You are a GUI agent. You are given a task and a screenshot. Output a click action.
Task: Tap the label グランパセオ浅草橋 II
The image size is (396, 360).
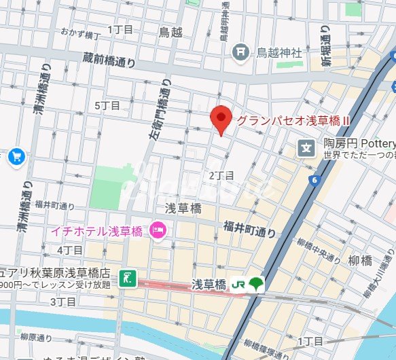pyautogui.click(x=293, y=120)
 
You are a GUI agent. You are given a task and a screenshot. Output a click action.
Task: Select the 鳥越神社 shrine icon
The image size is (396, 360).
pyautogui.click(x=240, y=52)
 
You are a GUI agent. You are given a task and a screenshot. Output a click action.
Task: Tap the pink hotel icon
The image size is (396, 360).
pyautogui.click(x=158, y=231)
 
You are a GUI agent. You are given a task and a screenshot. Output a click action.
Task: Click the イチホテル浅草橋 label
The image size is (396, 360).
pyautogui.click(x=96, y=231)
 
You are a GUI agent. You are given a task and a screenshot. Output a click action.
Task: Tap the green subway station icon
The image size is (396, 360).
pyautogui.click(x=127, y=277)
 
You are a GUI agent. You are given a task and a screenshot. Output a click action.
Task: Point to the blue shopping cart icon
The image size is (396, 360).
pyautogui.click(x=17, y=157)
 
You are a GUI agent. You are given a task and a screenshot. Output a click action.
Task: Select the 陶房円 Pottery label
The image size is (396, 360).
pyautogui.click(x=359, y=144)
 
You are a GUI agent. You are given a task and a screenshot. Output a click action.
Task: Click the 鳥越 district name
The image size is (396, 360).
pyautogui.click(x=170, y=31)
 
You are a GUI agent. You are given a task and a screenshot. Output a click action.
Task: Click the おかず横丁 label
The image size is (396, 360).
pyautogui.click(x=80, y=33)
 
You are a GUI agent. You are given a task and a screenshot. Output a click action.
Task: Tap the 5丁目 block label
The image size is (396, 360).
pyautogui.click(x=107, y=105)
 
